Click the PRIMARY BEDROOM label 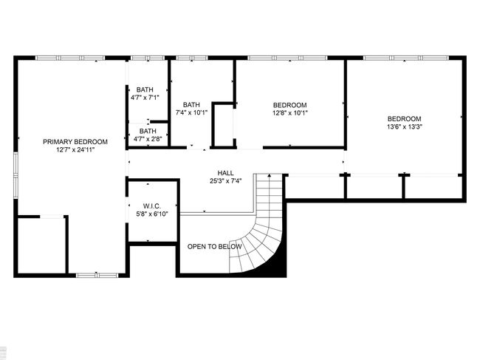(75, 142)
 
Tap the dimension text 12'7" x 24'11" (75, 150)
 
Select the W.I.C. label (152, 206)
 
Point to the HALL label (226, 173)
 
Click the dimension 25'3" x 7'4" (226, 181)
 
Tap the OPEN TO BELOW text (214, 247)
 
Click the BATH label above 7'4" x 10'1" (191, 105)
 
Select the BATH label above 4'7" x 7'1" (145, 89)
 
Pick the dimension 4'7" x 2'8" (148, 139)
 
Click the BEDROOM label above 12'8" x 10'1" (290, 105)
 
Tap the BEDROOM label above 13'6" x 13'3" (405, 119)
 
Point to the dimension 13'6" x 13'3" (405, 127)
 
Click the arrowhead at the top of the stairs (270, 175)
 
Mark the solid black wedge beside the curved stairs (279, 267)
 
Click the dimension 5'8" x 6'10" (152, 214)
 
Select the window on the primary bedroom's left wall (16, 176)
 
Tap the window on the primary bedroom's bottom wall (97, 276)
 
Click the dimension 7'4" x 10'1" (191, 113)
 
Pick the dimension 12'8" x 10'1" (290, 113)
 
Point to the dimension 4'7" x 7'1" (145, 98)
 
